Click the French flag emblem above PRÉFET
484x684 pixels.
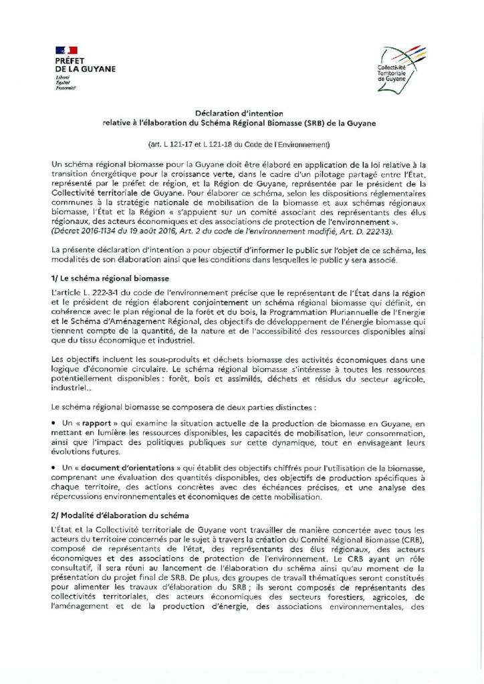[68, 49]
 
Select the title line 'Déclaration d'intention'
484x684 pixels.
[243, 114]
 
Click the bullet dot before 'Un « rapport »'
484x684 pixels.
[53, 423]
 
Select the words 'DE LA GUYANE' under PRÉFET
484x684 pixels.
[86, 69]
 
